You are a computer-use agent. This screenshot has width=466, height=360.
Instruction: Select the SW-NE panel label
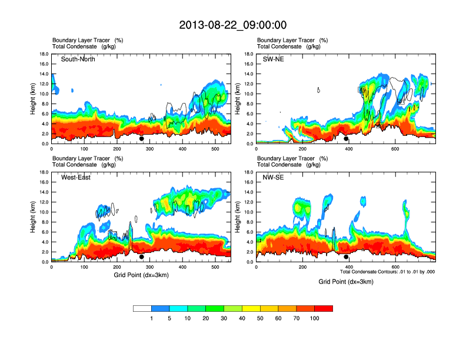(x=273, y=59)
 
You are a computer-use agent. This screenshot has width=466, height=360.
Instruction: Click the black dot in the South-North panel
(x=142, y=139)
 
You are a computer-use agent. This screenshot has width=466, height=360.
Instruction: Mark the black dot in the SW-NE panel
(x=346, y=139)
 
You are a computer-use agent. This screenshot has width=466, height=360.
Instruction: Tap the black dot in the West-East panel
(x=142, y=257)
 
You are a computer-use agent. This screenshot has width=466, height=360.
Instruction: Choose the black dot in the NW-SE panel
(x=346, y=257)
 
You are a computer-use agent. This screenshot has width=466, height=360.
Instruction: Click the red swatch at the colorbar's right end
(x=324, y=308)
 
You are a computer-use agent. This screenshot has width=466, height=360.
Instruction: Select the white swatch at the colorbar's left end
(x=142, y=308)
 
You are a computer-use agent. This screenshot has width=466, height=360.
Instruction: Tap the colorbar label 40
(x=242, y=318)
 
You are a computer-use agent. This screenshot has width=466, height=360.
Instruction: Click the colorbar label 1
(x=151, y=318)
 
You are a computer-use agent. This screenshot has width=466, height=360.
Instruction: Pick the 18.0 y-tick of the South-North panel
(x=43, y=54)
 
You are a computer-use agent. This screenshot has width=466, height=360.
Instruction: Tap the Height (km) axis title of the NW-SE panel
(x=237, y=217)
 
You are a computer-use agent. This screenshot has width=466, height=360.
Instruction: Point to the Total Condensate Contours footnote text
(x=387, y=272)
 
